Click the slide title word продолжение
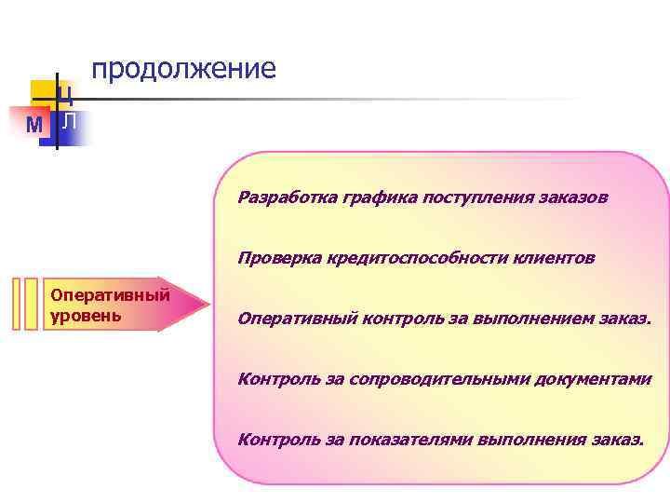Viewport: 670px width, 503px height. (183, 69)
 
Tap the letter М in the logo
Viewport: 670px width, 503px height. (34, 125)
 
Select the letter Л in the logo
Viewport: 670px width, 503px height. (70, 121)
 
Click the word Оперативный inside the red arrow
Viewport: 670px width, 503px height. (110, 295)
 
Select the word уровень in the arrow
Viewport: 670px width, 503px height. (87, 314)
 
